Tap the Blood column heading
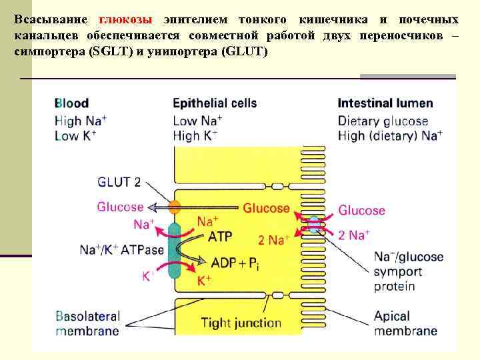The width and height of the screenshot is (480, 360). [x=71, y=103]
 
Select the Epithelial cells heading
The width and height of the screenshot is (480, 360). [x=215, y=103]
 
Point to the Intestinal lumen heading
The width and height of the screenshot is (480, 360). [x=385, y=103]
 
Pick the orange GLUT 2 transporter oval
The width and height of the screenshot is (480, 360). [x=175, y=207]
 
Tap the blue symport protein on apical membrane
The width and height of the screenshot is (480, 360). [x=314, y=225]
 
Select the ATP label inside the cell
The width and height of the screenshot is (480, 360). [x=220, y=236]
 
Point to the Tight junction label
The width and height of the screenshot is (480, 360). [x=241, y=323]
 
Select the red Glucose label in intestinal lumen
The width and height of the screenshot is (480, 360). [x=361, y=211]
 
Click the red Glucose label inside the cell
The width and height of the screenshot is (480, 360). [x=266, y=208]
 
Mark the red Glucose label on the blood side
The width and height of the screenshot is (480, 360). [x=120, y=207]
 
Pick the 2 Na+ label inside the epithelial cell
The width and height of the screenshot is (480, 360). [x=274, y=240]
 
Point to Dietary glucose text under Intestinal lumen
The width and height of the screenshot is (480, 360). [x=383, y=121]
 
